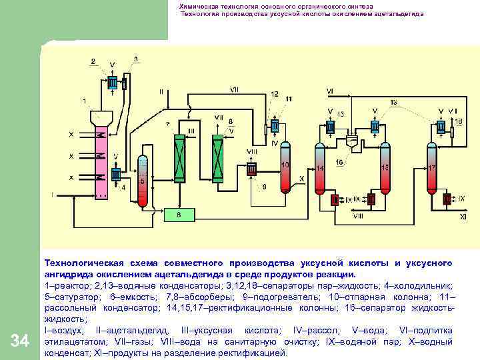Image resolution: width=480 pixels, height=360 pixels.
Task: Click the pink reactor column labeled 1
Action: tap(101, 160)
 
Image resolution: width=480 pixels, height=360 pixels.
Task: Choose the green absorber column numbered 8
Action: tap(218, 155)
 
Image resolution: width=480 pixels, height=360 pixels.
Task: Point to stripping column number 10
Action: tap(286, 167)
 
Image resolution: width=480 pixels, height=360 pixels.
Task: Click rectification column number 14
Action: tap(320, 169)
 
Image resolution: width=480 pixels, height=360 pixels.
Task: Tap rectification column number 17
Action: tap(431, 169)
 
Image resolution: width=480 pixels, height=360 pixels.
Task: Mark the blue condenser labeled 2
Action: tap(111, 82)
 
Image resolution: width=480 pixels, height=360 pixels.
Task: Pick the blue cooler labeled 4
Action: tap(115, 175)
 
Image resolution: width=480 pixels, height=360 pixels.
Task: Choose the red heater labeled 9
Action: tap(252, 170)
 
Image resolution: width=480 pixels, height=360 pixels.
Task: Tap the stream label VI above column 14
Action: tap(330, 91)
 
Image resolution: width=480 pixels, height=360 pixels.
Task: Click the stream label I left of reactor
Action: tap(52, 195)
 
